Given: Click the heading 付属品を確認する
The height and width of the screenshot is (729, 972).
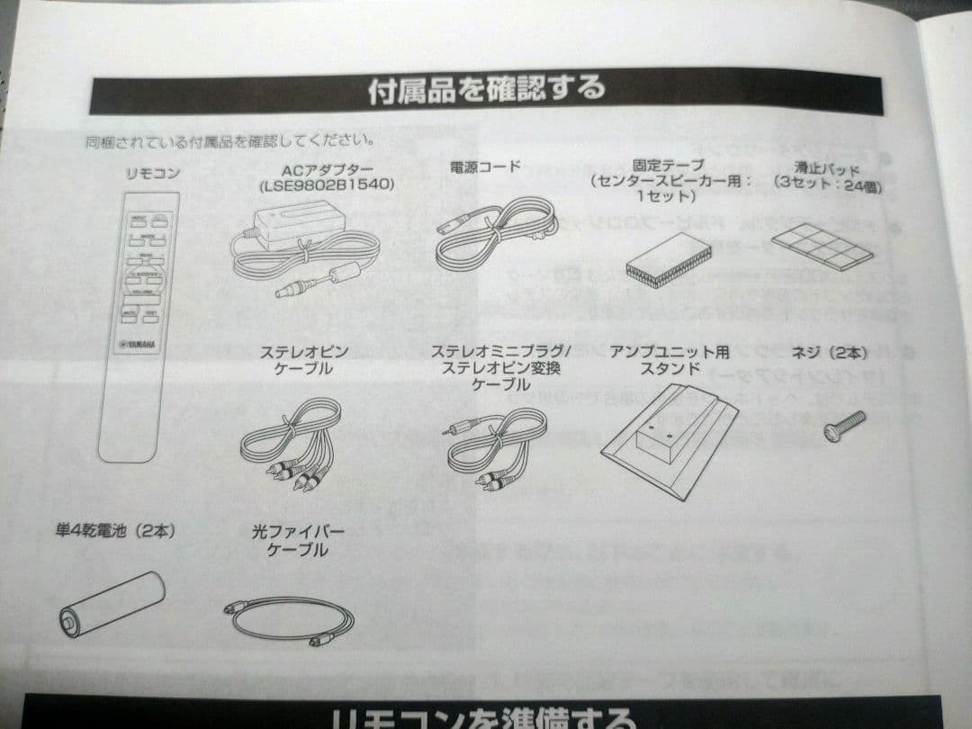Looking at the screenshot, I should click(486, 90).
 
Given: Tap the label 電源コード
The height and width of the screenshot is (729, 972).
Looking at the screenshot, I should click(484, 167).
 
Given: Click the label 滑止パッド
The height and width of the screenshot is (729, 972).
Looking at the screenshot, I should click(827, 168).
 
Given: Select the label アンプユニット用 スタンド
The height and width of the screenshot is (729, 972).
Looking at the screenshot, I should click(670, 359).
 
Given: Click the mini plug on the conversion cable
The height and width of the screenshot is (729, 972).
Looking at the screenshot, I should click(453, 429).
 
